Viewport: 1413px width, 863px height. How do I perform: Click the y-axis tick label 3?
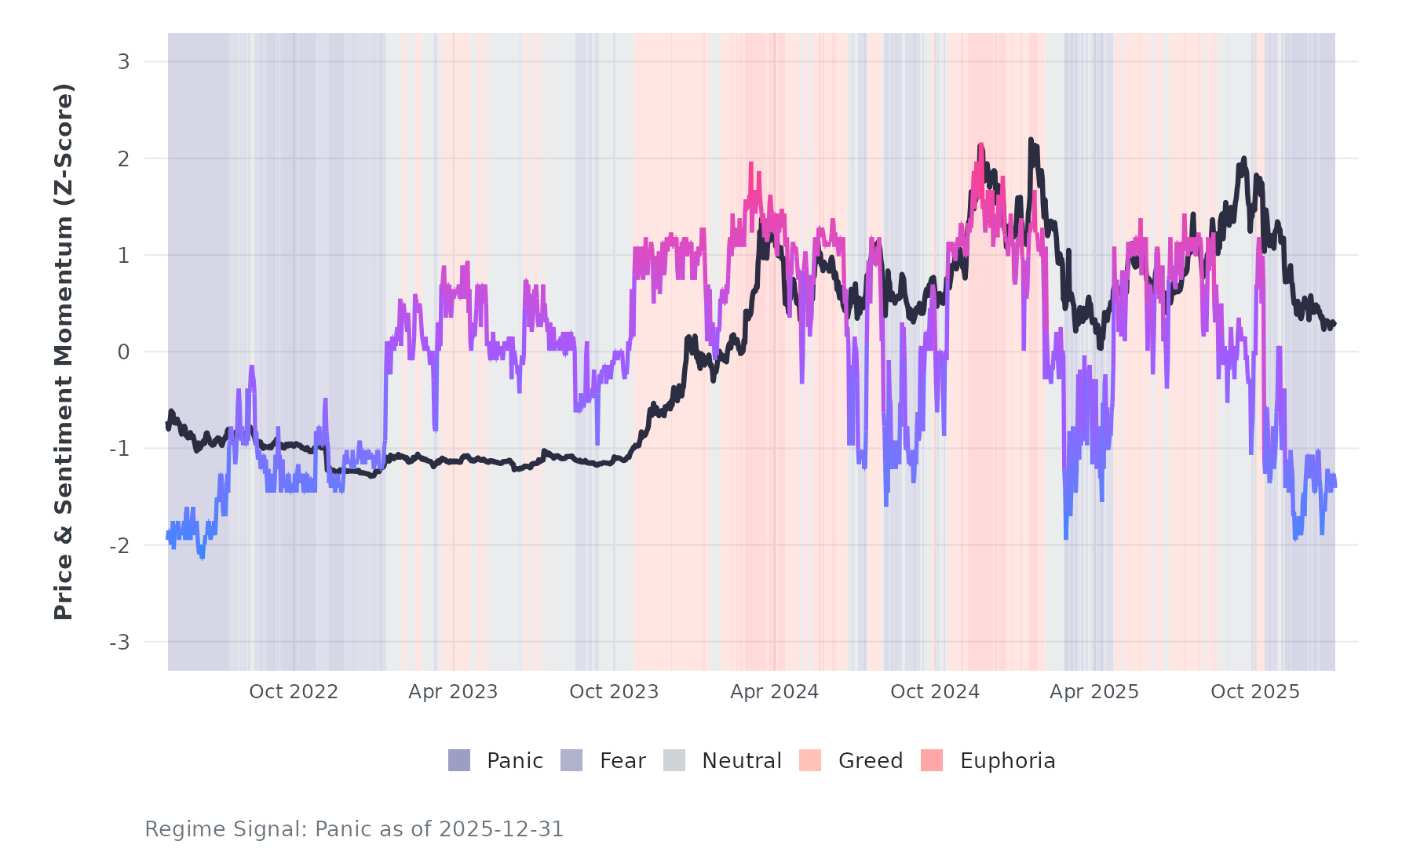(123, 62)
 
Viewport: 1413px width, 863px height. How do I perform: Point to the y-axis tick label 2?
(123, 158)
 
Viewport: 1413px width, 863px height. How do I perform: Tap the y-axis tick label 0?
(123, 352)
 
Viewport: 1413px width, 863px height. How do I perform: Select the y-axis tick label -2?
(119, 545)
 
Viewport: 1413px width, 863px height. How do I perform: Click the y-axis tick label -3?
(119, 643)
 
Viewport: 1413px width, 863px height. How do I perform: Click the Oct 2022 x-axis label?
(294, 692)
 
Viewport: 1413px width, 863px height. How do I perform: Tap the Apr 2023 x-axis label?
(453, 692)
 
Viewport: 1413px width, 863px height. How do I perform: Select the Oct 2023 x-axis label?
(614, 692)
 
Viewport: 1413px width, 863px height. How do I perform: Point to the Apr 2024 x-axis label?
(774, 692)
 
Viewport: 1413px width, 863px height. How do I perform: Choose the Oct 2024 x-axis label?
(935, 692)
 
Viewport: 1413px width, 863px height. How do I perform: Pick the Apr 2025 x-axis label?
(1094, 692)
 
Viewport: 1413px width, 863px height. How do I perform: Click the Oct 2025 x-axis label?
(1255, 692)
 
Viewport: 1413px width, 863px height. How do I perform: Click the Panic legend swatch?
(459, 760)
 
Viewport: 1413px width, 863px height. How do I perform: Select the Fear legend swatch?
(571, 760)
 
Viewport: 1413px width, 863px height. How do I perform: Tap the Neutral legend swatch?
(674, 760)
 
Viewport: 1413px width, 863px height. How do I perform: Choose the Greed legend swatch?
(810, 760)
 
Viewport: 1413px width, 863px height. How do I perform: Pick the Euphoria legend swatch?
(932, 760)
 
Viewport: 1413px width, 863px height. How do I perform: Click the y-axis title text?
(64, 351)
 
